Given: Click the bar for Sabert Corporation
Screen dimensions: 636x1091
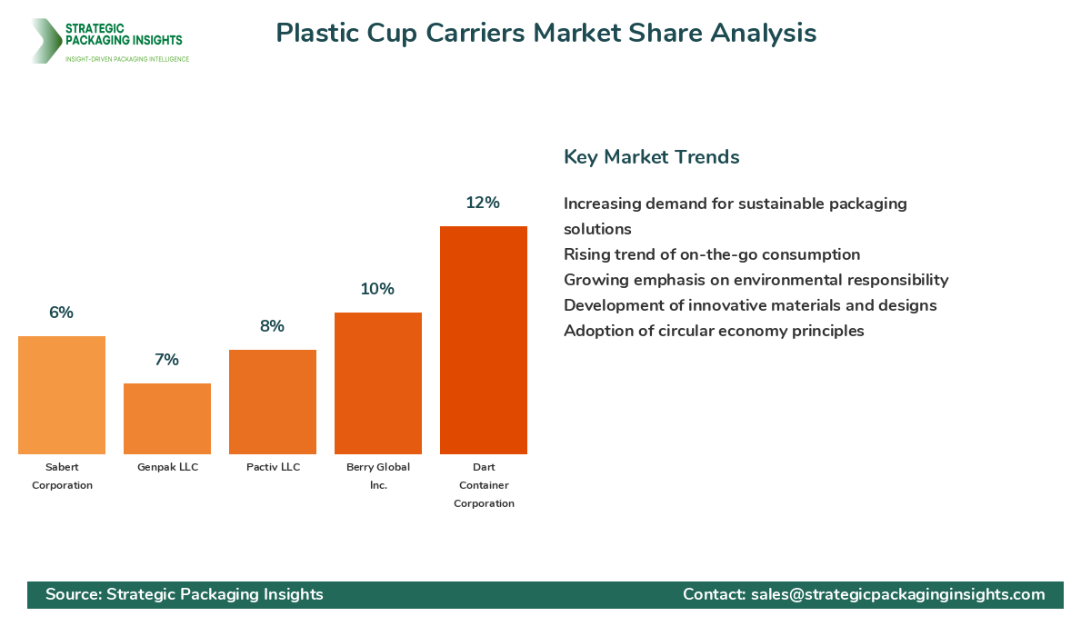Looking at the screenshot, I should [x=62, y=395].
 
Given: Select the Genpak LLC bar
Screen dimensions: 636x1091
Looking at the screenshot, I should [x=167, y=419].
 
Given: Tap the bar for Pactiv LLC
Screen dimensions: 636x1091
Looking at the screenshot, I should [x=273, y=402].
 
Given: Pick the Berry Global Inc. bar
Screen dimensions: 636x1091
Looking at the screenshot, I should [x=378, y=383].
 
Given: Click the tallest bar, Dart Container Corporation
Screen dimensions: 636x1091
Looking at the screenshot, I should [x=484, y=340].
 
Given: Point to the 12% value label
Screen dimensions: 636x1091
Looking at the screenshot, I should [x=483, y=203].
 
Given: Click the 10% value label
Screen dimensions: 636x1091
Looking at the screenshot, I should [x=377, y=289].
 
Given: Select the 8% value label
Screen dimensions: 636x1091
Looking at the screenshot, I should [x=272, y=326].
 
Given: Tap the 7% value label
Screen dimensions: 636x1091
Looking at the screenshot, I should [x=166, y=360].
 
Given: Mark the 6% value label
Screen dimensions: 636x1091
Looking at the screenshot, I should [x=61, y=313].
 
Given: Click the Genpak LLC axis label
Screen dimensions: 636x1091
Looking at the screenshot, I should [x=167, y=467].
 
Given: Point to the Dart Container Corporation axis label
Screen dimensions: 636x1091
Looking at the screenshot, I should [x=484, y=485].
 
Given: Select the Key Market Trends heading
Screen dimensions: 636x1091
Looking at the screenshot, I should [x=651, y=156].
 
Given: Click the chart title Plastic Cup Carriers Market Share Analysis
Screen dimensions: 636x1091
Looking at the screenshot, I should [x=545, y=33].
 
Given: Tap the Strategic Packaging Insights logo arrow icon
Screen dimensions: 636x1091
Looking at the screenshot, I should [x=45, y=41].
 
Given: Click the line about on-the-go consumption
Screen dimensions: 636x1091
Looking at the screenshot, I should [x=711, y=254].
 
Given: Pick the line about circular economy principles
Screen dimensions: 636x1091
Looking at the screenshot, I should [x=714, y=331].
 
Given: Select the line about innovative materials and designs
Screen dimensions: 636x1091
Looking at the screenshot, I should [x=750, y=305].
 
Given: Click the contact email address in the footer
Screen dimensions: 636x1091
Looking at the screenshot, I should [x=897, y=594].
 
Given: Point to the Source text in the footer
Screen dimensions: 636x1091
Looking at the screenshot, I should [x=185, y=594].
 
